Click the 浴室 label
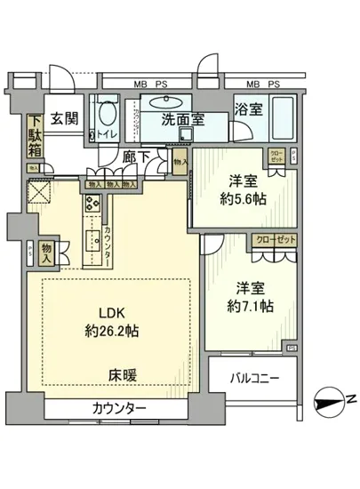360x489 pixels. coord(248,110)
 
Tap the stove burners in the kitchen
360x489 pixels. coord(92,204)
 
